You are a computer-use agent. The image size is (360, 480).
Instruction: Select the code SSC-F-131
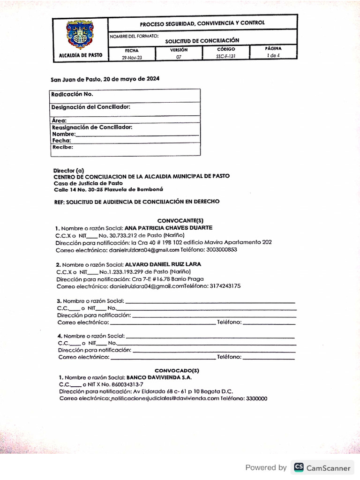click(x=226, y=56)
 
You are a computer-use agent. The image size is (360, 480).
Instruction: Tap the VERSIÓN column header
click(x=179, y=49)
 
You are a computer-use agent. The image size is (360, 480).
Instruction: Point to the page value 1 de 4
click(x=273, y=55)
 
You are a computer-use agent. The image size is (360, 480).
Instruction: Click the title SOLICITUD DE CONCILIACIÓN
click(x=202, y=41)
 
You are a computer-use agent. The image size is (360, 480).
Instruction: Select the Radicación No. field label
click(x=72, y=94)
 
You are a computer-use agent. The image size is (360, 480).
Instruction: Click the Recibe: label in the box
click(x=62, y=147)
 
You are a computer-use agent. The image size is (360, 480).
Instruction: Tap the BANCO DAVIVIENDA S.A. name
click(x=159, y=377)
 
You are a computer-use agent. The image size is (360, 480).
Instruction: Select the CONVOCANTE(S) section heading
click(x=180, y=220)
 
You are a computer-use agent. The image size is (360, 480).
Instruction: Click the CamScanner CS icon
click(x=298, y=467)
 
